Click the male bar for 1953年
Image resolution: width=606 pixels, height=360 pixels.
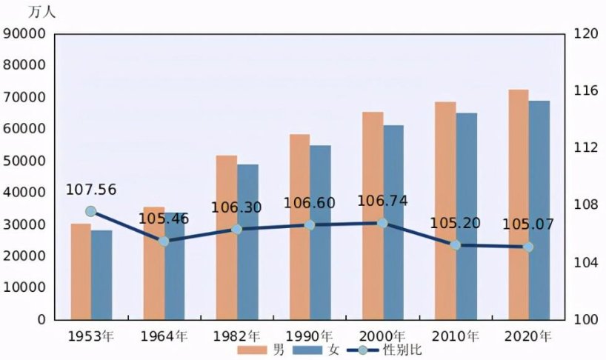pyautogui.click(x=81, y=271)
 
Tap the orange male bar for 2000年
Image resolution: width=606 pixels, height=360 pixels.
pyautogui.click(x=373, y=216)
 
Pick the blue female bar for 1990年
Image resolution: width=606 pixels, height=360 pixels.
pyautogui.click(x=320, y=232)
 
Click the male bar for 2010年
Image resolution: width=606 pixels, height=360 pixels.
pyautogui.click(x=445, y=210)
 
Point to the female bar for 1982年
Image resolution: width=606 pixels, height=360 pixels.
pyautogui.click(x=247, y=241)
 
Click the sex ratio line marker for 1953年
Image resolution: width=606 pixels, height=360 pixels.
pyautogui.click(x=90, y=211)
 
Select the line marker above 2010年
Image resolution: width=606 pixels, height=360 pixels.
pyautogui.click(x=456, y=244)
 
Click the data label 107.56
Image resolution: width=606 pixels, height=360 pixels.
pyautogui.click(x=91, y=190)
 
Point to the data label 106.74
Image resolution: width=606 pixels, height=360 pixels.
pyautogui.click(x=382, y=201)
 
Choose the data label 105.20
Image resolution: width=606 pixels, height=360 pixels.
pyautogui.click(x=455, y=224)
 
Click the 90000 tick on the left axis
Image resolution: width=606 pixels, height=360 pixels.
pyautogui.click(x=25, y=33)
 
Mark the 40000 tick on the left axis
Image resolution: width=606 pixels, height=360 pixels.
pyautogui.click(x=25, y=193)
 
